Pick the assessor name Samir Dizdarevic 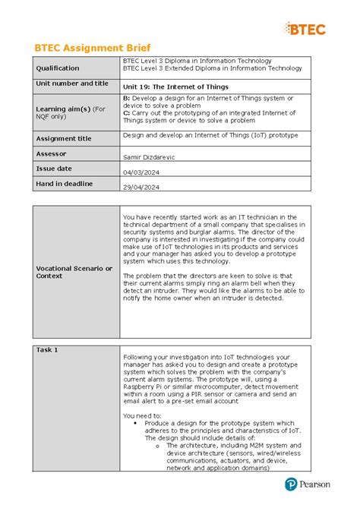pos(155,156)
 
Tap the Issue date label pos(55,168)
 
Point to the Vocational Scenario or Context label pos(74,272)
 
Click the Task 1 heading pos(47,349)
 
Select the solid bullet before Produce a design pos(134,423)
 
